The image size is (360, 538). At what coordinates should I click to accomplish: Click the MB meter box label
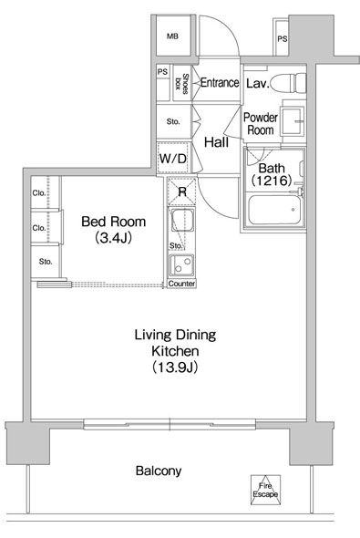point(172,36)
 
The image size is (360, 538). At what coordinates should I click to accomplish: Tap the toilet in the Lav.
point(288,83)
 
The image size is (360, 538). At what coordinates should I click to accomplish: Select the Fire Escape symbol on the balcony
point(265,490)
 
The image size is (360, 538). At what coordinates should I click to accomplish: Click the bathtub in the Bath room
point(274,210)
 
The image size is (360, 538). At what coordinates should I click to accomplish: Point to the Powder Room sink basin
point(292,120)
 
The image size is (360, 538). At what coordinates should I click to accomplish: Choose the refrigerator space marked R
point(181,191)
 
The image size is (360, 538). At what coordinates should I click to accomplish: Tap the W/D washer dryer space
point(173,158)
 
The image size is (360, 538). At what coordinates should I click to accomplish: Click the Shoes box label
point(181,83)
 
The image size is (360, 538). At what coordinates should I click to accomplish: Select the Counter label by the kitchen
point(181,284)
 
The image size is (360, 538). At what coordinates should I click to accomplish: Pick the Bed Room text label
point(114,222)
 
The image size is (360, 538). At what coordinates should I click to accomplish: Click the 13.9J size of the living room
point(174,367)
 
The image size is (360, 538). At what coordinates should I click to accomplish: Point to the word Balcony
point(159,471)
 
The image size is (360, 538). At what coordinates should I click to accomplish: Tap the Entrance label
point(220,82)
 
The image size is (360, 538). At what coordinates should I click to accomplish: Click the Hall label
point(216,141)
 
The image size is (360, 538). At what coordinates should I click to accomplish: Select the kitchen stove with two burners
point(181,264)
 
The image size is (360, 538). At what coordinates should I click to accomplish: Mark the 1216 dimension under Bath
point(272,181)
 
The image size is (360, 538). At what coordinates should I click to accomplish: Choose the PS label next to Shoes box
point(163,72)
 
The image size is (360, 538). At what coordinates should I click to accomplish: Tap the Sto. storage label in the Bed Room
point(46,262)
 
